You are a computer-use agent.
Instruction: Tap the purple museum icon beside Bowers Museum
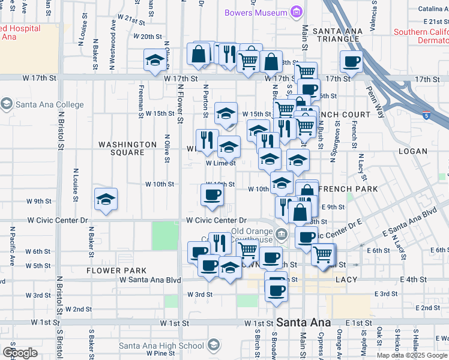(295, 12)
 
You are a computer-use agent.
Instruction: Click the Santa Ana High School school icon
(213, 345)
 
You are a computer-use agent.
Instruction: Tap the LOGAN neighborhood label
(412, 151)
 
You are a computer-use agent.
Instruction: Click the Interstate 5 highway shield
(426, 116)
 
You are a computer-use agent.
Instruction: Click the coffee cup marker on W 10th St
(212, 194)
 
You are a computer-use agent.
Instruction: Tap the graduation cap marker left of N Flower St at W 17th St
(155, 59)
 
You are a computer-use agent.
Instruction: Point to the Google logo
(20, 353)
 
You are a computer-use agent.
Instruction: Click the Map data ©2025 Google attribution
(411, 355)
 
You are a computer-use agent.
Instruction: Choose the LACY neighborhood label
(347, 280)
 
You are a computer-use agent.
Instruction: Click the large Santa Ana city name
(303, 322)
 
